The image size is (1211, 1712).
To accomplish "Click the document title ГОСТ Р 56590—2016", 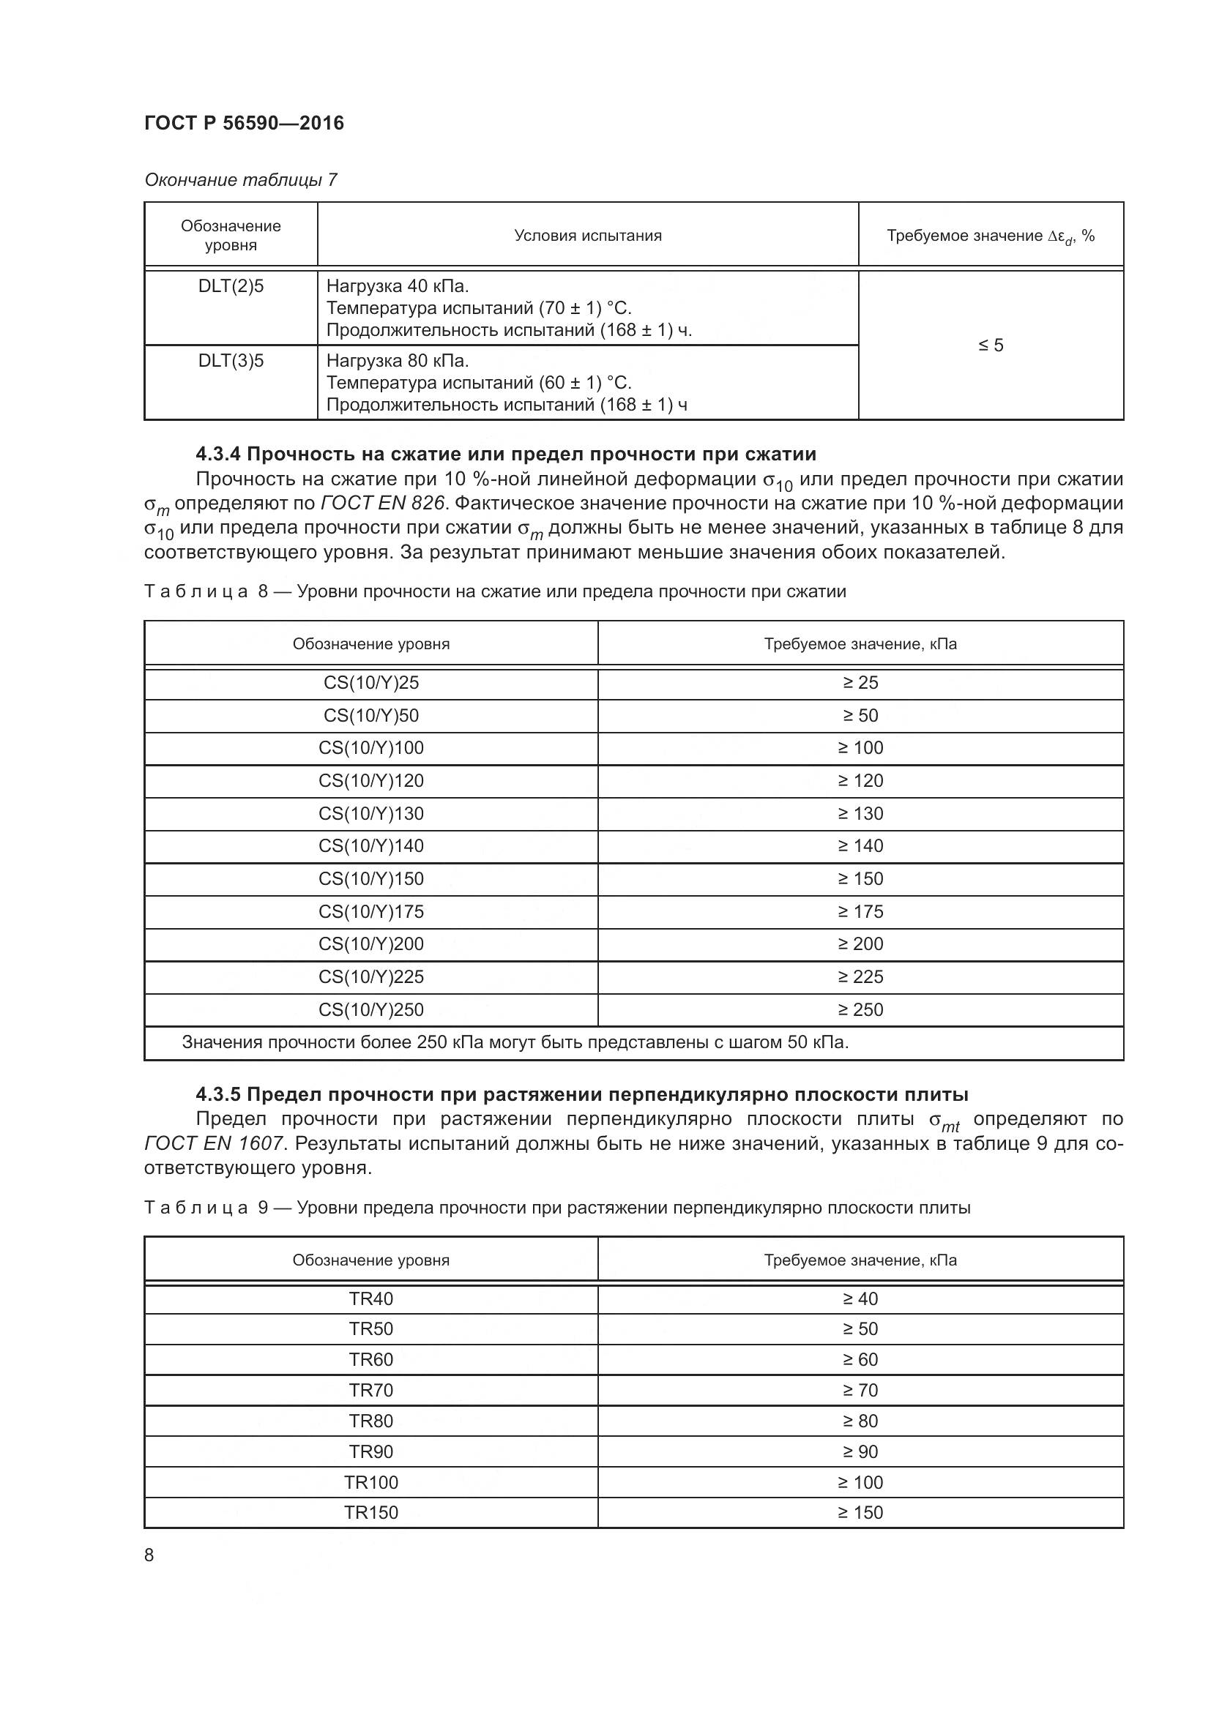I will (x=244, y=123).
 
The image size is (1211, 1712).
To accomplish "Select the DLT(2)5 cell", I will (x=231, y=286).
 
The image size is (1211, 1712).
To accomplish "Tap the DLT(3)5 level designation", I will (x=231, y=361).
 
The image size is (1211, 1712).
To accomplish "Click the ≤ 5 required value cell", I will (x=991, y=345).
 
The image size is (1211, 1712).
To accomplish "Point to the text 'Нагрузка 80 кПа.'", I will (x=398, y=361).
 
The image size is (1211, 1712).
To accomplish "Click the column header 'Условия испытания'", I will (x=588, y=236).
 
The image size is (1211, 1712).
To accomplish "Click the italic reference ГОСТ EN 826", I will (x=381, y=504).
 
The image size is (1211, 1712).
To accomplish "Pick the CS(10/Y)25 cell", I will (x=370, y=683).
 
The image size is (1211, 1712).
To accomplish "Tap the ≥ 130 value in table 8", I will (x=860, y=813).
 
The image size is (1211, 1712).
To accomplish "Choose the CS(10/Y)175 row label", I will (x=370, y=911).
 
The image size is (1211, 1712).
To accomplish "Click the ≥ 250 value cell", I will (x=860, y=1009).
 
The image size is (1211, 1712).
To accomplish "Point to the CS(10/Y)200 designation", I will (x=370, y=944).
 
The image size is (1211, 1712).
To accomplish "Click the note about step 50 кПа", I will (x=515, y=1042).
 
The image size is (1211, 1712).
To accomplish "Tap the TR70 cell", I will (x=370, y=1390).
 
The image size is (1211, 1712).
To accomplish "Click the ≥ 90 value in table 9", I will (x=860, y=1451).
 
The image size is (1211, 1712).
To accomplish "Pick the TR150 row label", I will (x=370, y=1512).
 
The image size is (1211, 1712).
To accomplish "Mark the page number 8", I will (x=149, y=1555).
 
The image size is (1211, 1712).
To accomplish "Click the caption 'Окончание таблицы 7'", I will (x=240, y=180).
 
